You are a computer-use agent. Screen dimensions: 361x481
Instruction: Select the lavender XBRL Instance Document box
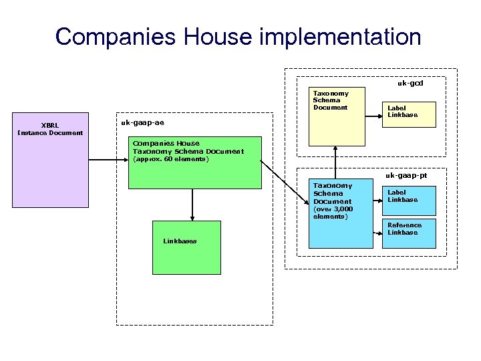(x=50, y=160)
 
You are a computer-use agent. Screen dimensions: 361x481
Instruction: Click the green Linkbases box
(x=186, y=247)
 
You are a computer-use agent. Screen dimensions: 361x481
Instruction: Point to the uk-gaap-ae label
(x=142, y=123)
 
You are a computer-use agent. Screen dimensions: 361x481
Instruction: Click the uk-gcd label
(x=410, y=84)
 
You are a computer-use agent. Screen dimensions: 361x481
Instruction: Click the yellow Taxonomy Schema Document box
(x=337, y=116)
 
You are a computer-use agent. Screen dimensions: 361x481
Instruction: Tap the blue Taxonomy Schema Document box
(x=340, y=213)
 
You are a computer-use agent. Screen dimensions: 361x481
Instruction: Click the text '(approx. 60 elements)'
(x=170, y=159)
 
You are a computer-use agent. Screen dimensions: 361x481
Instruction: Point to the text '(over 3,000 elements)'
(x=331, y=213)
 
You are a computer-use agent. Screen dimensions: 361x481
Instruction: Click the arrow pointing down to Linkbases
(x=192, y=204)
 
